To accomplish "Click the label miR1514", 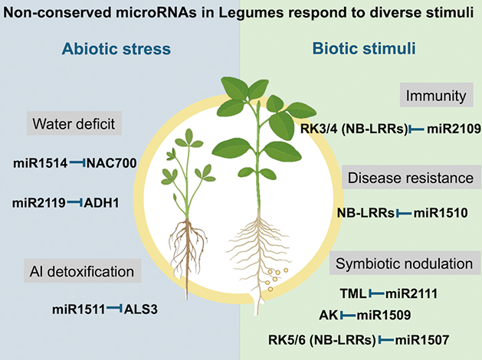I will click(x=41, y=162).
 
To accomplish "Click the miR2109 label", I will click(x=443, y=129).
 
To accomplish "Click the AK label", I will click(x=327, y=315).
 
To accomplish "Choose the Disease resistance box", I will click(x=410, y=178).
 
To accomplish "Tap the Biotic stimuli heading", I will click(x=363, y=50).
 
